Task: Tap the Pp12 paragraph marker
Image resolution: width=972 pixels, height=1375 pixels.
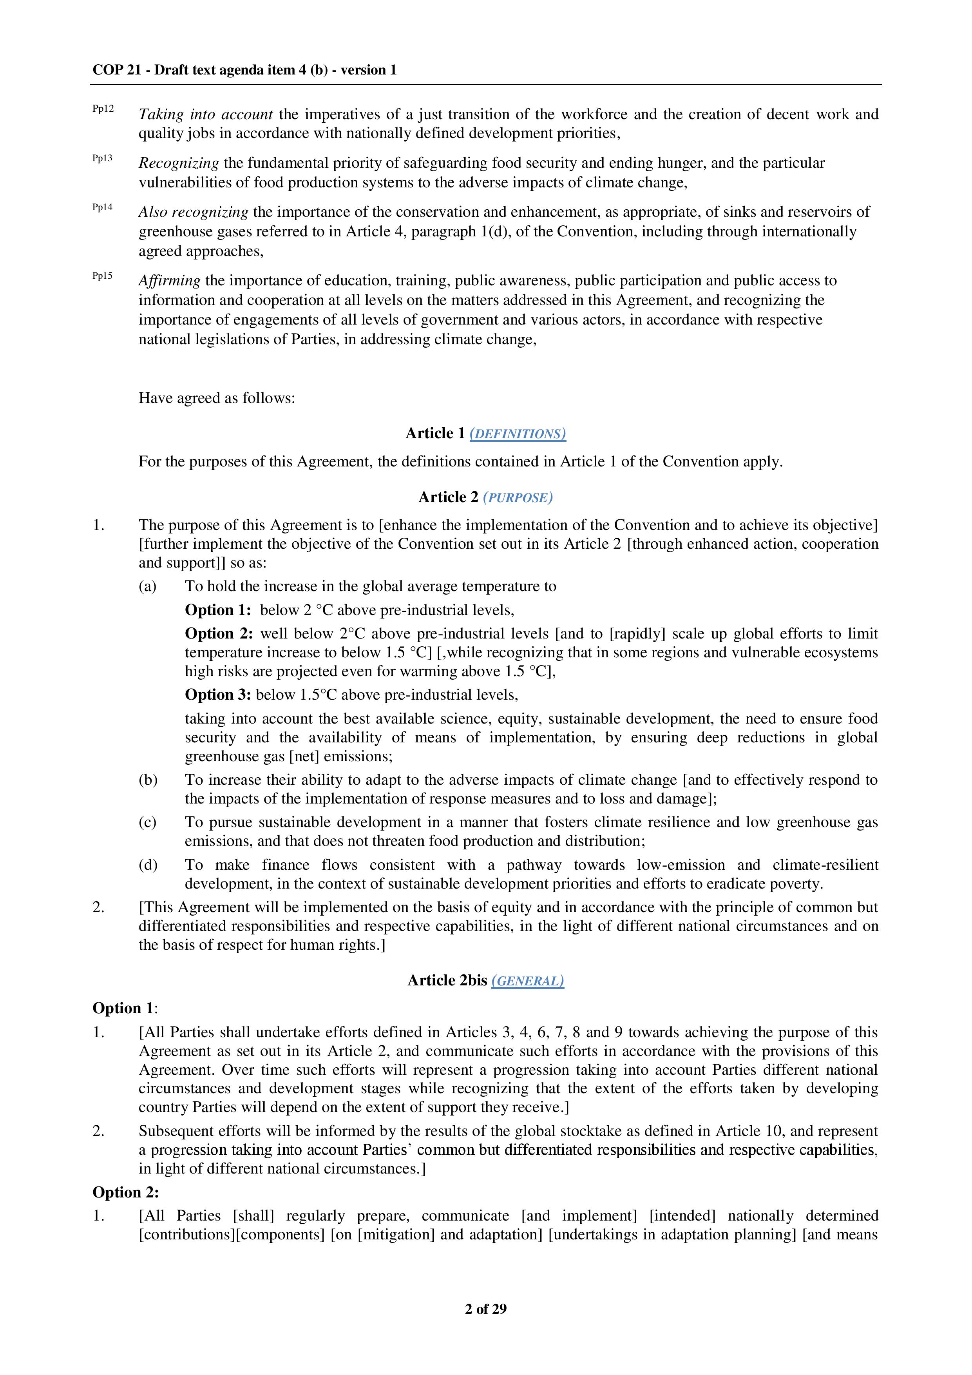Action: coord(103,109)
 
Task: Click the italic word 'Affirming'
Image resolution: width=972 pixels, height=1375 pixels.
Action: coord(169,281)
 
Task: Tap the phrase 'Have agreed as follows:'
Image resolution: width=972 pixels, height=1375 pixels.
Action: coord(217,398)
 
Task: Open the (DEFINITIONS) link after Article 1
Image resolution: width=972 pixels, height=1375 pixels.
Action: coord(518,434)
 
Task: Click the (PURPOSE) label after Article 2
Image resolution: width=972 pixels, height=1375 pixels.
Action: coord(518,498)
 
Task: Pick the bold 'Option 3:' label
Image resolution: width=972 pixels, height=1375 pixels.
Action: coord(218,695)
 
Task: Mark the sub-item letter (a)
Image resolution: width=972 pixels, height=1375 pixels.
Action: coord(148,586)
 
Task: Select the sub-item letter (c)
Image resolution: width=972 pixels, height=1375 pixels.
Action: coord(148,822)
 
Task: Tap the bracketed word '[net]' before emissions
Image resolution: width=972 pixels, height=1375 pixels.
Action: coord(304,756)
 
